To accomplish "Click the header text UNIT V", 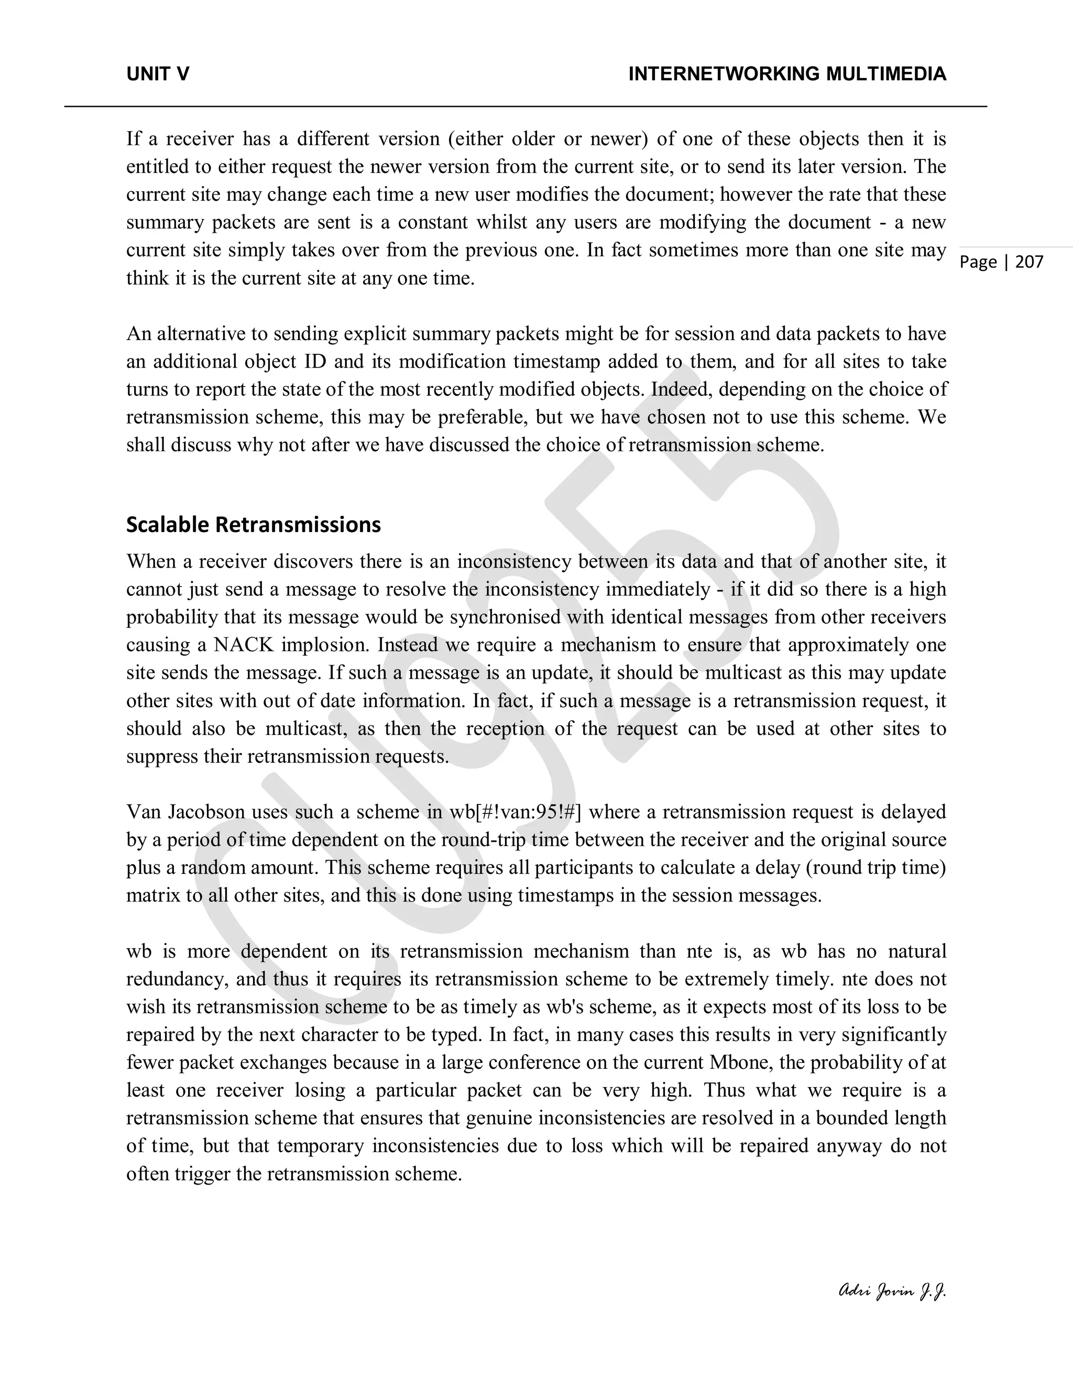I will [x=158, y=74].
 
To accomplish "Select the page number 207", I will [x=1029, y=262].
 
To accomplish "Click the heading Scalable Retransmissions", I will [x=253, y=525].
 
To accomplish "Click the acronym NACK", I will [x=244, y=645].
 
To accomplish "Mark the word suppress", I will [x=156, y=757].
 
